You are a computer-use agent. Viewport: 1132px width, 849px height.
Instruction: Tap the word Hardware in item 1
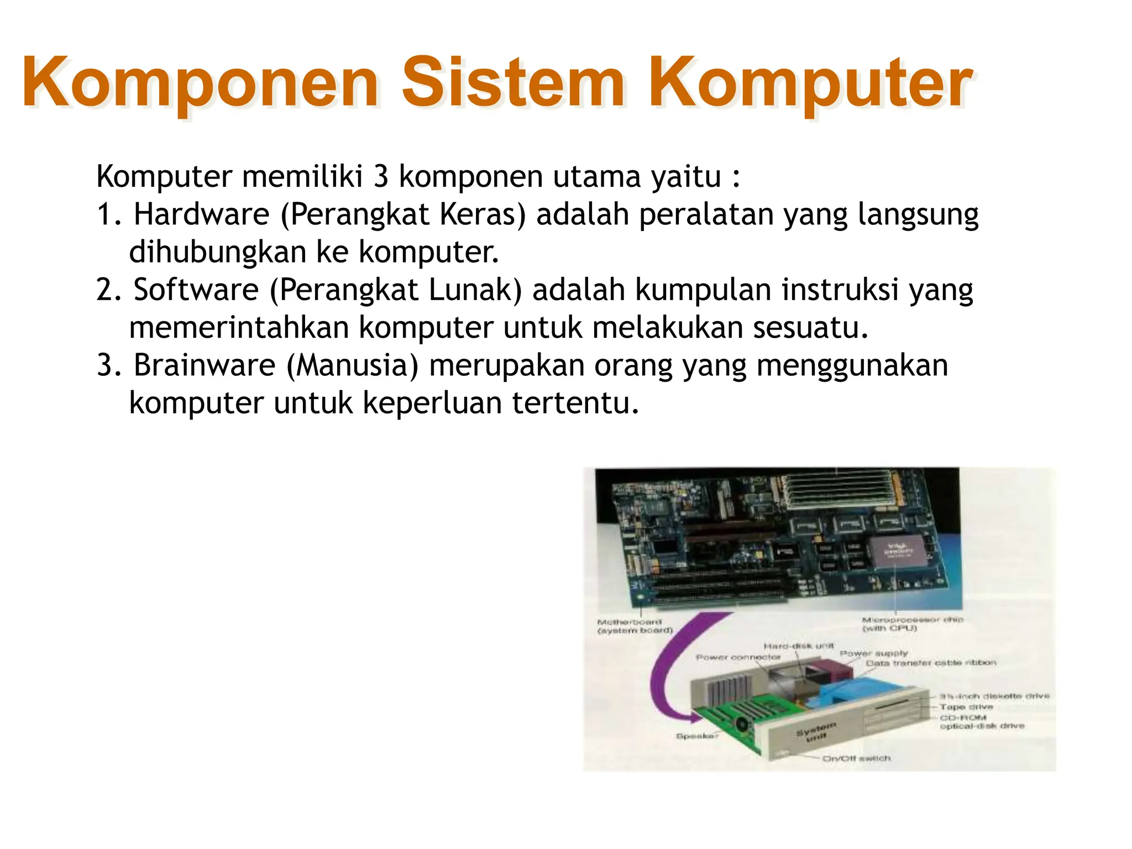click(201, 214)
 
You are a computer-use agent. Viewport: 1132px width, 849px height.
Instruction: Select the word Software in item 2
click(196, 290)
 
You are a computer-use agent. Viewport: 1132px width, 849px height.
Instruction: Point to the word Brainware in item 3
click(204, 365)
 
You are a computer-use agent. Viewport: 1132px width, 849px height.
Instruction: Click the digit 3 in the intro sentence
click(380, 177)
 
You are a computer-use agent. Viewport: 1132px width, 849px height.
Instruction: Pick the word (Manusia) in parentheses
click(352, 365)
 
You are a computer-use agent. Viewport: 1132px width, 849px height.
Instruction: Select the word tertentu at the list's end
click(575, 402)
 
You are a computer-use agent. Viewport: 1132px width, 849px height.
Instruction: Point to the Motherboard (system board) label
click(634, 626)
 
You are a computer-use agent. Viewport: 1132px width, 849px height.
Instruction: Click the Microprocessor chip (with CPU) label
click(912, 624)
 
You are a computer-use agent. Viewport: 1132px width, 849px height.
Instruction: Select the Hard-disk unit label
click(798, 646)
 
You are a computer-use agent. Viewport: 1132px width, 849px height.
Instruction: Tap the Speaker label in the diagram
click(696, 736)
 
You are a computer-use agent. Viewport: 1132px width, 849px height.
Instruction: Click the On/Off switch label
click(856, 758)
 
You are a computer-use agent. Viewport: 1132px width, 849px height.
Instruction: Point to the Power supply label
click(873, 653)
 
